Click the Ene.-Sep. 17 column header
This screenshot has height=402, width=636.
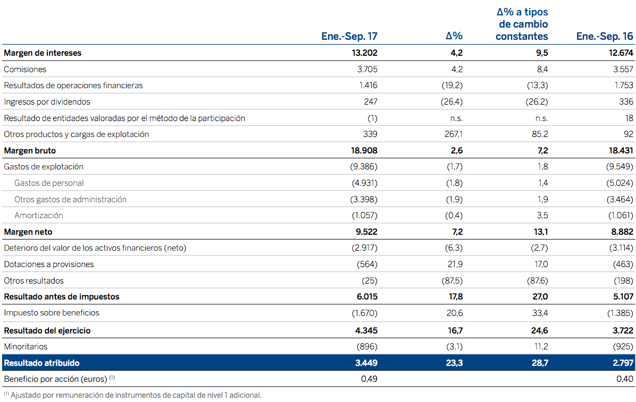point(349,36)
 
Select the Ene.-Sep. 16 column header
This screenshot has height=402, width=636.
point(605,36)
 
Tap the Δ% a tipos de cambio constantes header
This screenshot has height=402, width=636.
point(522,24)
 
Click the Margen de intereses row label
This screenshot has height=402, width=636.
point(43,53)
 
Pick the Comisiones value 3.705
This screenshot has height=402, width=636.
point(367,69)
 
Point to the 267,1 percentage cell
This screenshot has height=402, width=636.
point(453,134)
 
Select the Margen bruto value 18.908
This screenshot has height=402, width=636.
point(364,151)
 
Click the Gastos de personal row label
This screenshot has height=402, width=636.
point(49,183)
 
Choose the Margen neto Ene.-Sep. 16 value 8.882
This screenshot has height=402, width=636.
point(620,232)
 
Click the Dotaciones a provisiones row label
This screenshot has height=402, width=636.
point(48,264)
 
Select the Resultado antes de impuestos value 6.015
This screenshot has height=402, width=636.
point(366,297)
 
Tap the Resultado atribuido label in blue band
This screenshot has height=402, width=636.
point(41,363)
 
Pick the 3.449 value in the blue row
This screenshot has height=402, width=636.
point(366,363)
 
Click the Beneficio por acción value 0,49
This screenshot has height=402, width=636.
point(369,379)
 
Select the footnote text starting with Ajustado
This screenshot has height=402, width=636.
point(136,395)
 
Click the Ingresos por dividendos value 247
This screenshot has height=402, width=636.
point(371,102)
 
